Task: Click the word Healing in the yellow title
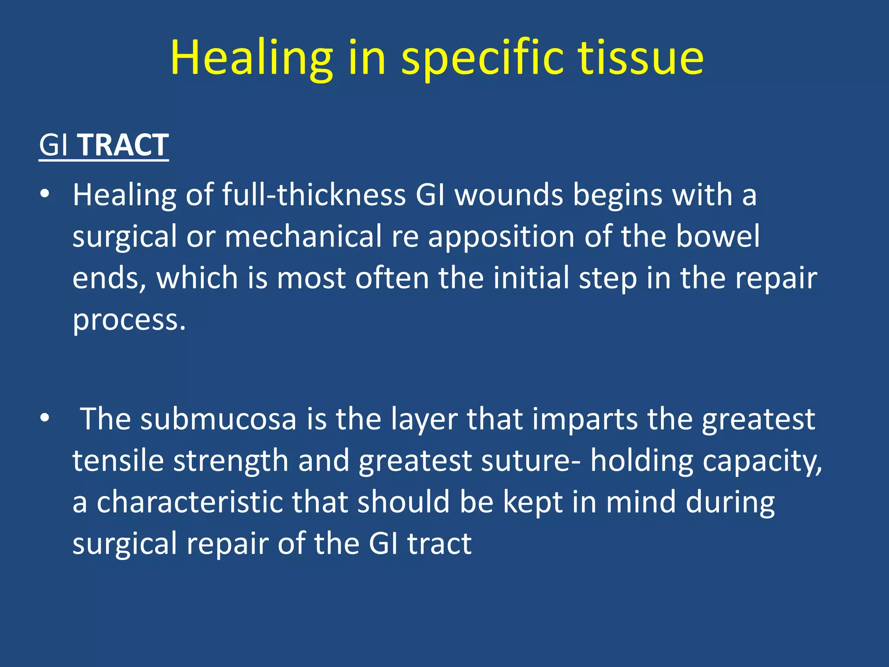coord(251,59)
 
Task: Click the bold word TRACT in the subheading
coord(123,145)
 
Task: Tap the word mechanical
coord(303,236)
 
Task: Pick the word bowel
coord(718,236)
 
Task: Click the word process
coord(129,320)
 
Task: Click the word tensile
coord(118,460)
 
